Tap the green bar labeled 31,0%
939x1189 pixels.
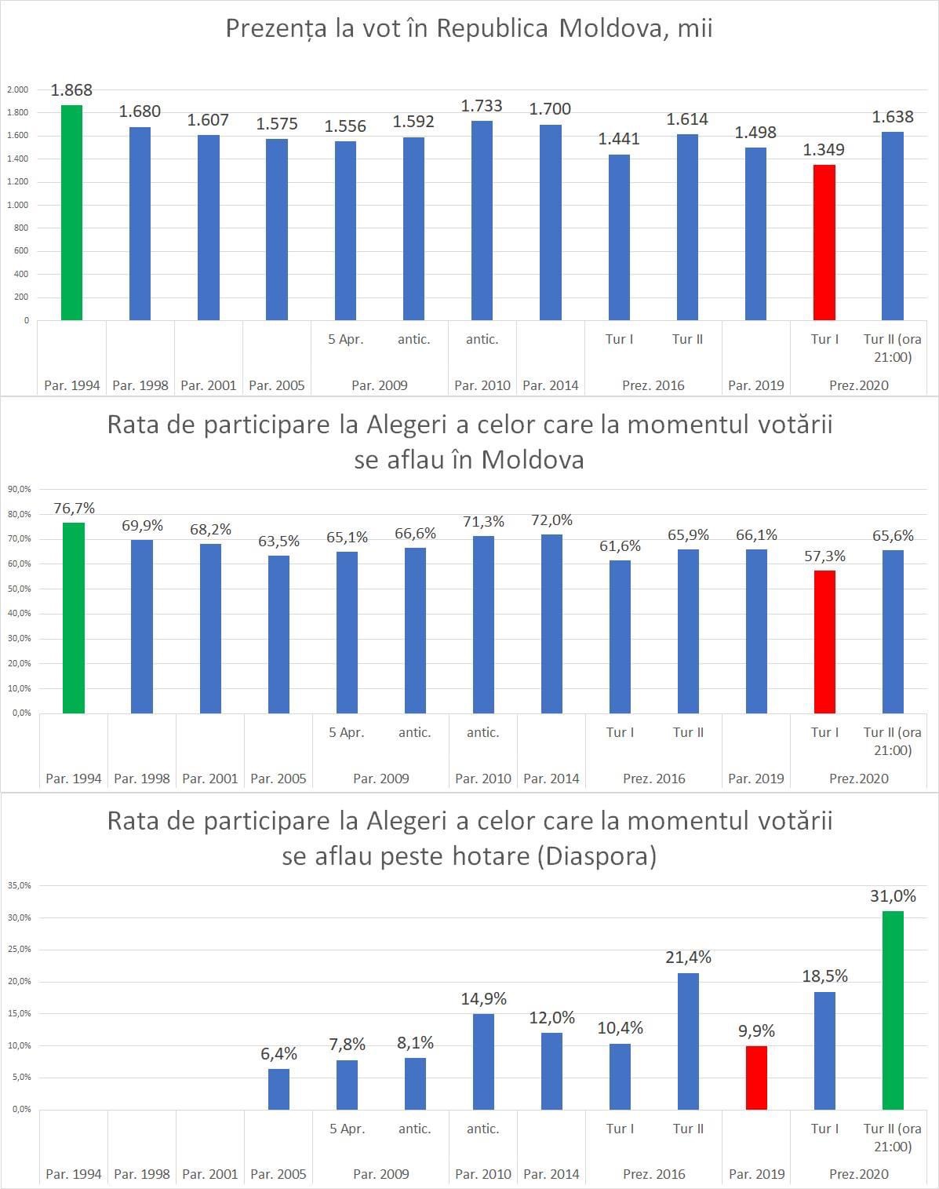(893, 1010)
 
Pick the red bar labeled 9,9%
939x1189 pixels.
(756, 1078)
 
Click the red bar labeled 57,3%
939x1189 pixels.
(824, 641)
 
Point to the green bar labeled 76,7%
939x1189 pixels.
(74, 618)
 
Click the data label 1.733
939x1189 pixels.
(482, 106)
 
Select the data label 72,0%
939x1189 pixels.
(551, 520)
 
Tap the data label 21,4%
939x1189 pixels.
(688, 957)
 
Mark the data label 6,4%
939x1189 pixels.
(278, 1054)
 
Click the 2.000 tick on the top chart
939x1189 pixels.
(17, 89)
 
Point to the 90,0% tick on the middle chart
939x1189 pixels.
(19, 489)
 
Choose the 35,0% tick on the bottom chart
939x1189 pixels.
(19, 885)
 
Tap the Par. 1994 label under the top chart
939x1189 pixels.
(72, 385)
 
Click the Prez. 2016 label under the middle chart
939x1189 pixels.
(653, 779)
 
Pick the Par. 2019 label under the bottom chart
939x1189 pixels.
(756, 1174)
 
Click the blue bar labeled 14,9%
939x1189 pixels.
(483, 1061)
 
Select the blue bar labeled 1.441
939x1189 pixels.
(619, 237)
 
